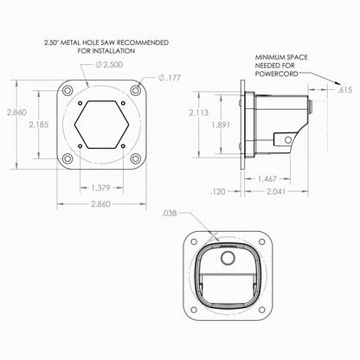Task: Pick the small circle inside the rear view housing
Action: coord(228,258)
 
